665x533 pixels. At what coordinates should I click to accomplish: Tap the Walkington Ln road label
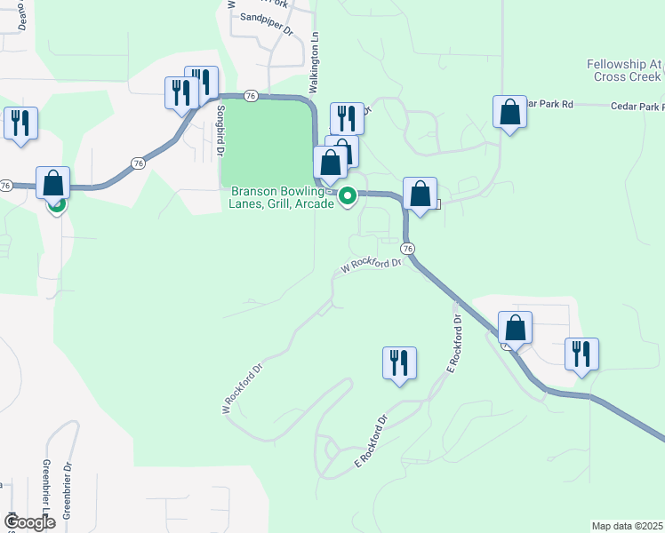click(314, 62)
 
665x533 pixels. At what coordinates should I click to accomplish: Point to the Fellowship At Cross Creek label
click(625, 70)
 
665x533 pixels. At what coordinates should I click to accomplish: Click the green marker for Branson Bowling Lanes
click(349, 195)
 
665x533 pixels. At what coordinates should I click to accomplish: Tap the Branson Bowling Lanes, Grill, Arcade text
click(283, 196)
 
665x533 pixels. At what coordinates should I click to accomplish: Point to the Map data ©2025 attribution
click(627, 526)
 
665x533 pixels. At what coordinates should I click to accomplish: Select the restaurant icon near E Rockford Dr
click(399, 362)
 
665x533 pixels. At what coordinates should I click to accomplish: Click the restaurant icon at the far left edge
click(20, 123)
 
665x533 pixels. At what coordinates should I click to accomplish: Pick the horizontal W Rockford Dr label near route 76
click(372, 265)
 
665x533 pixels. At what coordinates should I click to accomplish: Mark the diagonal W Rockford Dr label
click(244, 388)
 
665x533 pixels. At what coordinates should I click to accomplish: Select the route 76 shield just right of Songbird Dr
click(251, 95)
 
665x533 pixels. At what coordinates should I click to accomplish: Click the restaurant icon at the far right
click(581, 353)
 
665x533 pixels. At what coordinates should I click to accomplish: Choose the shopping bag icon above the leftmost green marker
click(52, 182)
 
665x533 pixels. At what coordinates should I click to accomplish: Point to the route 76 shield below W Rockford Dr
click(407, 248)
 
